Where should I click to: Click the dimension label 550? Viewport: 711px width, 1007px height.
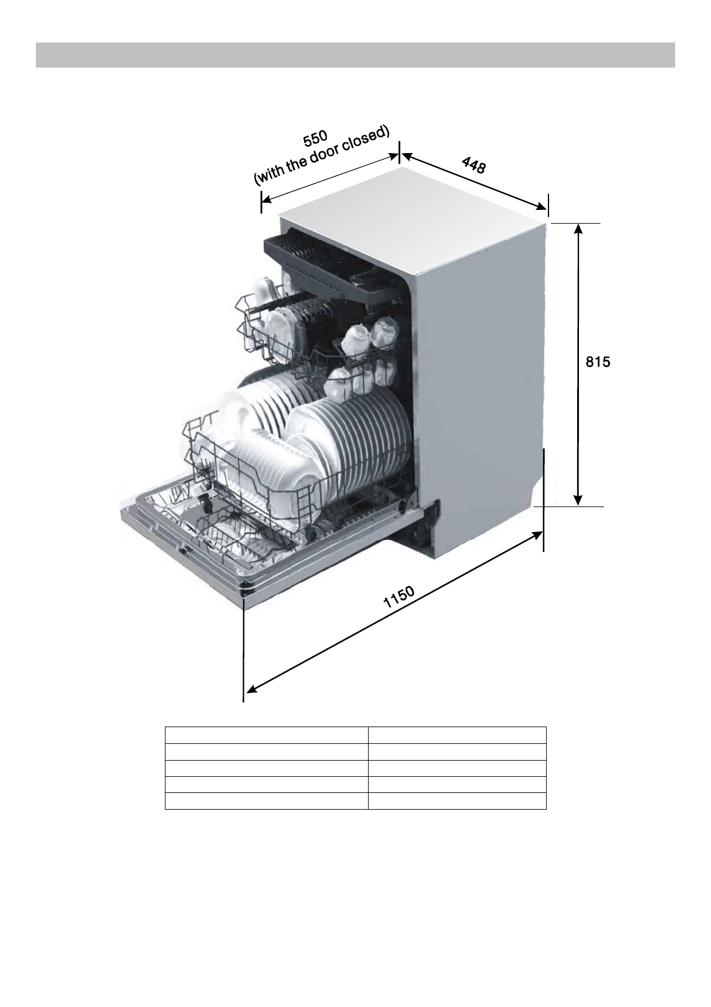point(315,139)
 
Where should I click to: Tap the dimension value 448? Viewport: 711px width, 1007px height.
point(474,165)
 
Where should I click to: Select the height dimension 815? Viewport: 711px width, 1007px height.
point(598,362)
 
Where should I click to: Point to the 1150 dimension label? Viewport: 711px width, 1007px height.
point(399,597)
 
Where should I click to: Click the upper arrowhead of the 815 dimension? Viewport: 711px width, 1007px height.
point(578,228)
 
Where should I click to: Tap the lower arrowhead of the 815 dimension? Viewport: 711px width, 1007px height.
point(578,501)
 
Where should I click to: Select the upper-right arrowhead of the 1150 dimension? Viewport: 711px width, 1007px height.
point(537,535)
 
